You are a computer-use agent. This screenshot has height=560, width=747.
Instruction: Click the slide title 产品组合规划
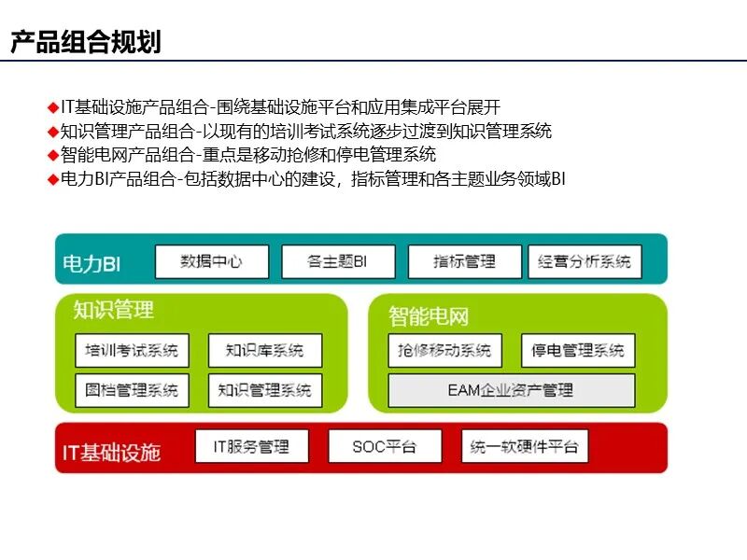86,42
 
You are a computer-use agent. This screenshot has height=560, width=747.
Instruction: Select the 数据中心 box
211,261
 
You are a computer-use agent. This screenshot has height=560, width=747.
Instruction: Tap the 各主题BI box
337,261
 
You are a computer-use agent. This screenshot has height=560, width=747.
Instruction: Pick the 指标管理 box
464,261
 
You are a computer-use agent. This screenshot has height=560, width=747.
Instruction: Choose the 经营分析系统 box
585,261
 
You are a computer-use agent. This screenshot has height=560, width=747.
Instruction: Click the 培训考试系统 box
132,351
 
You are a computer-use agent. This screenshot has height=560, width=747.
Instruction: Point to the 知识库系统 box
264,351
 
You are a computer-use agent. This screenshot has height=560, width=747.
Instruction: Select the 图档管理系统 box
132,390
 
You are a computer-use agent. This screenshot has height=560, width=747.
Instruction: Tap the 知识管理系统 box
264,390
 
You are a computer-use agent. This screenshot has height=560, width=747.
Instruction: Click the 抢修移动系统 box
444,351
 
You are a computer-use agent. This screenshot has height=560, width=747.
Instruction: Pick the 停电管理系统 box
577,351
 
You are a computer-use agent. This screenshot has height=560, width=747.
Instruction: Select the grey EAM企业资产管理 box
511,390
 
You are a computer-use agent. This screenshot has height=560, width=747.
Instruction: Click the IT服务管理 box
254,446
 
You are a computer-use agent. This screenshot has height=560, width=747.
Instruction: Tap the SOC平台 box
384,446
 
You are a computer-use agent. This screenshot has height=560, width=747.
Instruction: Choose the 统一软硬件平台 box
524,446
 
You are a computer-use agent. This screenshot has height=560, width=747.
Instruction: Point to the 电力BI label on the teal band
92,264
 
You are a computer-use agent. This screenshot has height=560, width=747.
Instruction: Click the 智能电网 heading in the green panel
429,316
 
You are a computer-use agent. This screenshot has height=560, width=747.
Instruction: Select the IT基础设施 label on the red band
111,453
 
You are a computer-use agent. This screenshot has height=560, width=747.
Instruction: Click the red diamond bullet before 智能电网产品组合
53,155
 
